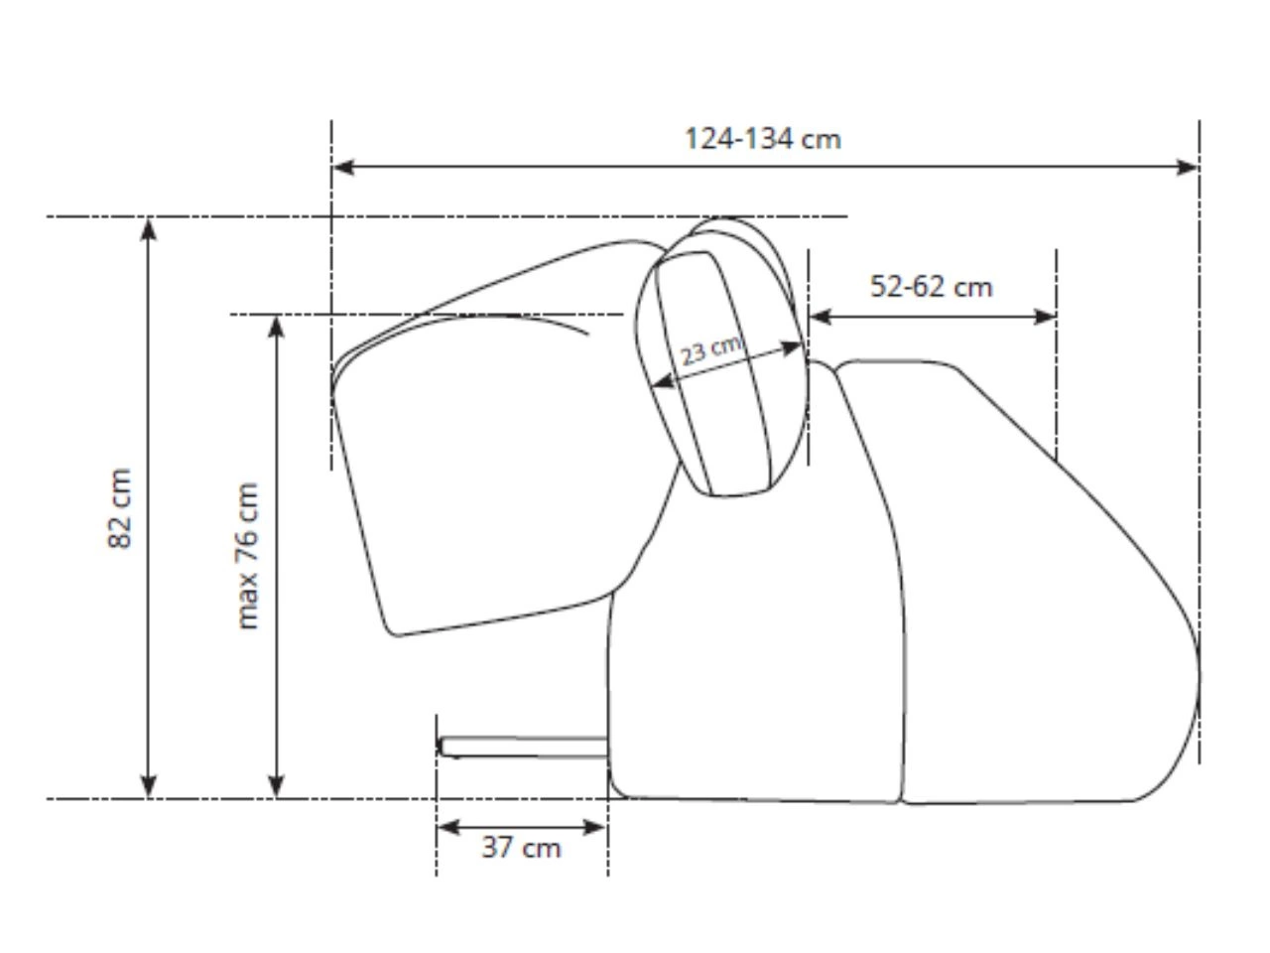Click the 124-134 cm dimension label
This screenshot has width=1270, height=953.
pos(762,139)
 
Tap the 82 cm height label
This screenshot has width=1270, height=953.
pos(120,508)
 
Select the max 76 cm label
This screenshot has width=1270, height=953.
pos(248,556)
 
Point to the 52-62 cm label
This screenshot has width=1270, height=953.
pos(931,287)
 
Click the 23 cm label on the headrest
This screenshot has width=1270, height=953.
pos(711,350)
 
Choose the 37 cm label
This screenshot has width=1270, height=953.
pos(521,848)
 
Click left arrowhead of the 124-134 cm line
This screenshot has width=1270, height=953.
pos(343,167)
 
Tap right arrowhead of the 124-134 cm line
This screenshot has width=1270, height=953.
pos(1187,167)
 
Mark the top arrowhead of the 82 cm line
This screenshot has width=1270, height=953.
pos(149,229)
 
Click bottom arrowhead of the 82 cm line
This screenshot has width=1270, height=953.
pos(149,787)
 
